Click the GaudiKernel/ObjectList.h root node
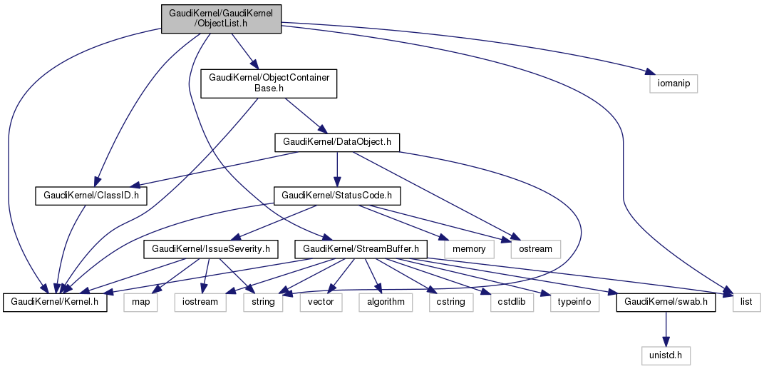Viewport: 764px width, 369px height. coord(221,18)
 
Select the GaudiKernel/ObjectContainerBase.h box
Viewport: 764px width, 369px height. coord(269,84)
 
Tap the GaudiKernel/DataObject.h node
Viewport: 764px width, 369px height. coord(336,142)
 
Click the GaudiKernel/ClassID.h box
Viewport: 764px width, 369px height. coord(90,195)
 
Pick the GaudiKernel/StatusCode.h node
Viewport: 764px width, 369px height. coord(337,195)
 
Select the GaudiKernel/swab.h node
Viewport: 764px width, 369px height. coord(665,302)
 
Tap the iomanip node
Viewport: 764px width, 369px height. coord(671,84)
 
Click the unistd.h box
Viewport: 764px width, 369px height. coord(666,355)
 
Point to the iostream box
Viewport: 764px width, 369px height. coord(201,302)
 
